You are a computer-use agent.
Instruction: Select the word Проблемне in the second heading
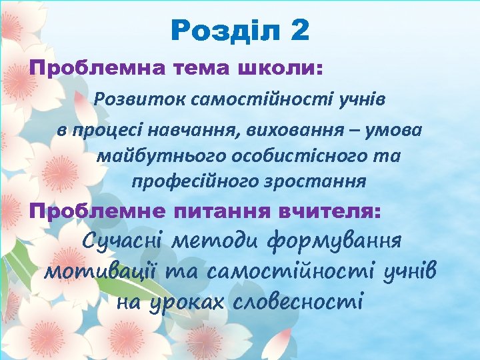click(x=97, y=211)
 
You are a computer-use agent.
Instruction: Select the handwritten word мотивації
click(x=93, y=272)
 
